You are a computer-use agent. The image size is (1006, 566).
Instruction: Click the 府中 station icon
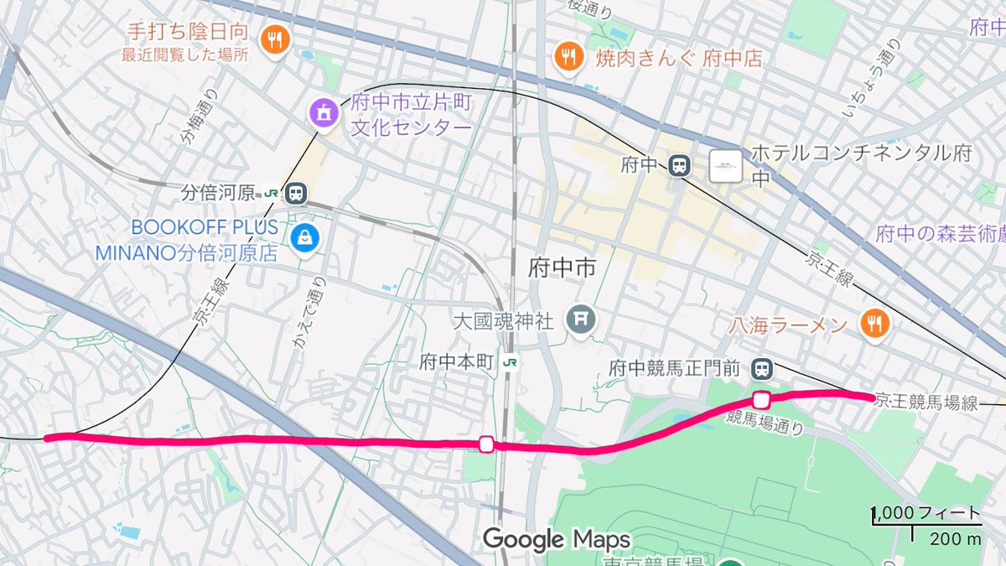pos(679,165)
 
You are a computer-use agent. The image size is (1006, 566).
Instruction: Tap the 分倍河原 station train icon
pos(294,194)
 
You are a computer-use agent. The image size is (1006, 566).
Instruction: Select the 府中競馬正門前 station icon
pos(762,368)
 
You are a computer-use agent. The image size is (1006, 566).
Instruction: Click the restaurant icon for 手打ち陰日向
pos(273,39)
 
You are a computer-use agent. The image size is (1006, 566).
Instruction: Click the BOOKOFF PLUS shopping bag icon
pos(303,238)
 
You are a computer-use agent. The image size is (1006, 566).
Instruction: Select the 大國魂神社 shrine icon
pos(579,319)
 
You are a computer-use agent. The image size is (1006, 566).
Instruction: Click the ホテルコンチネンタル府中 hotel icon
pos(725,165)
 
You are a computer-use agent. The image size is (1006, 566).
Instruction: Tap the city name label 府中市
pos(563,268)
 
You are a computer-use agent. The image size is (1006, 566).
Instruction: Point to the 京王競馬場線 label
pos(926,402)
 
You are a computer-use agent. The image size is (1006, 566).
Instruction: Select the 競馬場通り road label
pos(765,422)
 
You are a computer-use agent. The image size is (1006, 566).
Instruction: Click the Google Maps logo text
pos(556,538)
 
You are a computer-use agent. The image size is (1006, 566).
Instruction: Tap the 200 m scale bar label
pos(955,539)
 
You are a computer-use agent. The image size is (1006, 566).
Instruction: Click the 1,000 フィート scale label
pos(927,512)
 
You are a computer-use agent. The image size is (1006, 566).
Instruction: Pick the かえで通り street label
pos(308,310)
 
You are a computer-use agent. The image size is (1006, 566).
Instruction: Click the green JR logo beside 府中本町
pos(510,363)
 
